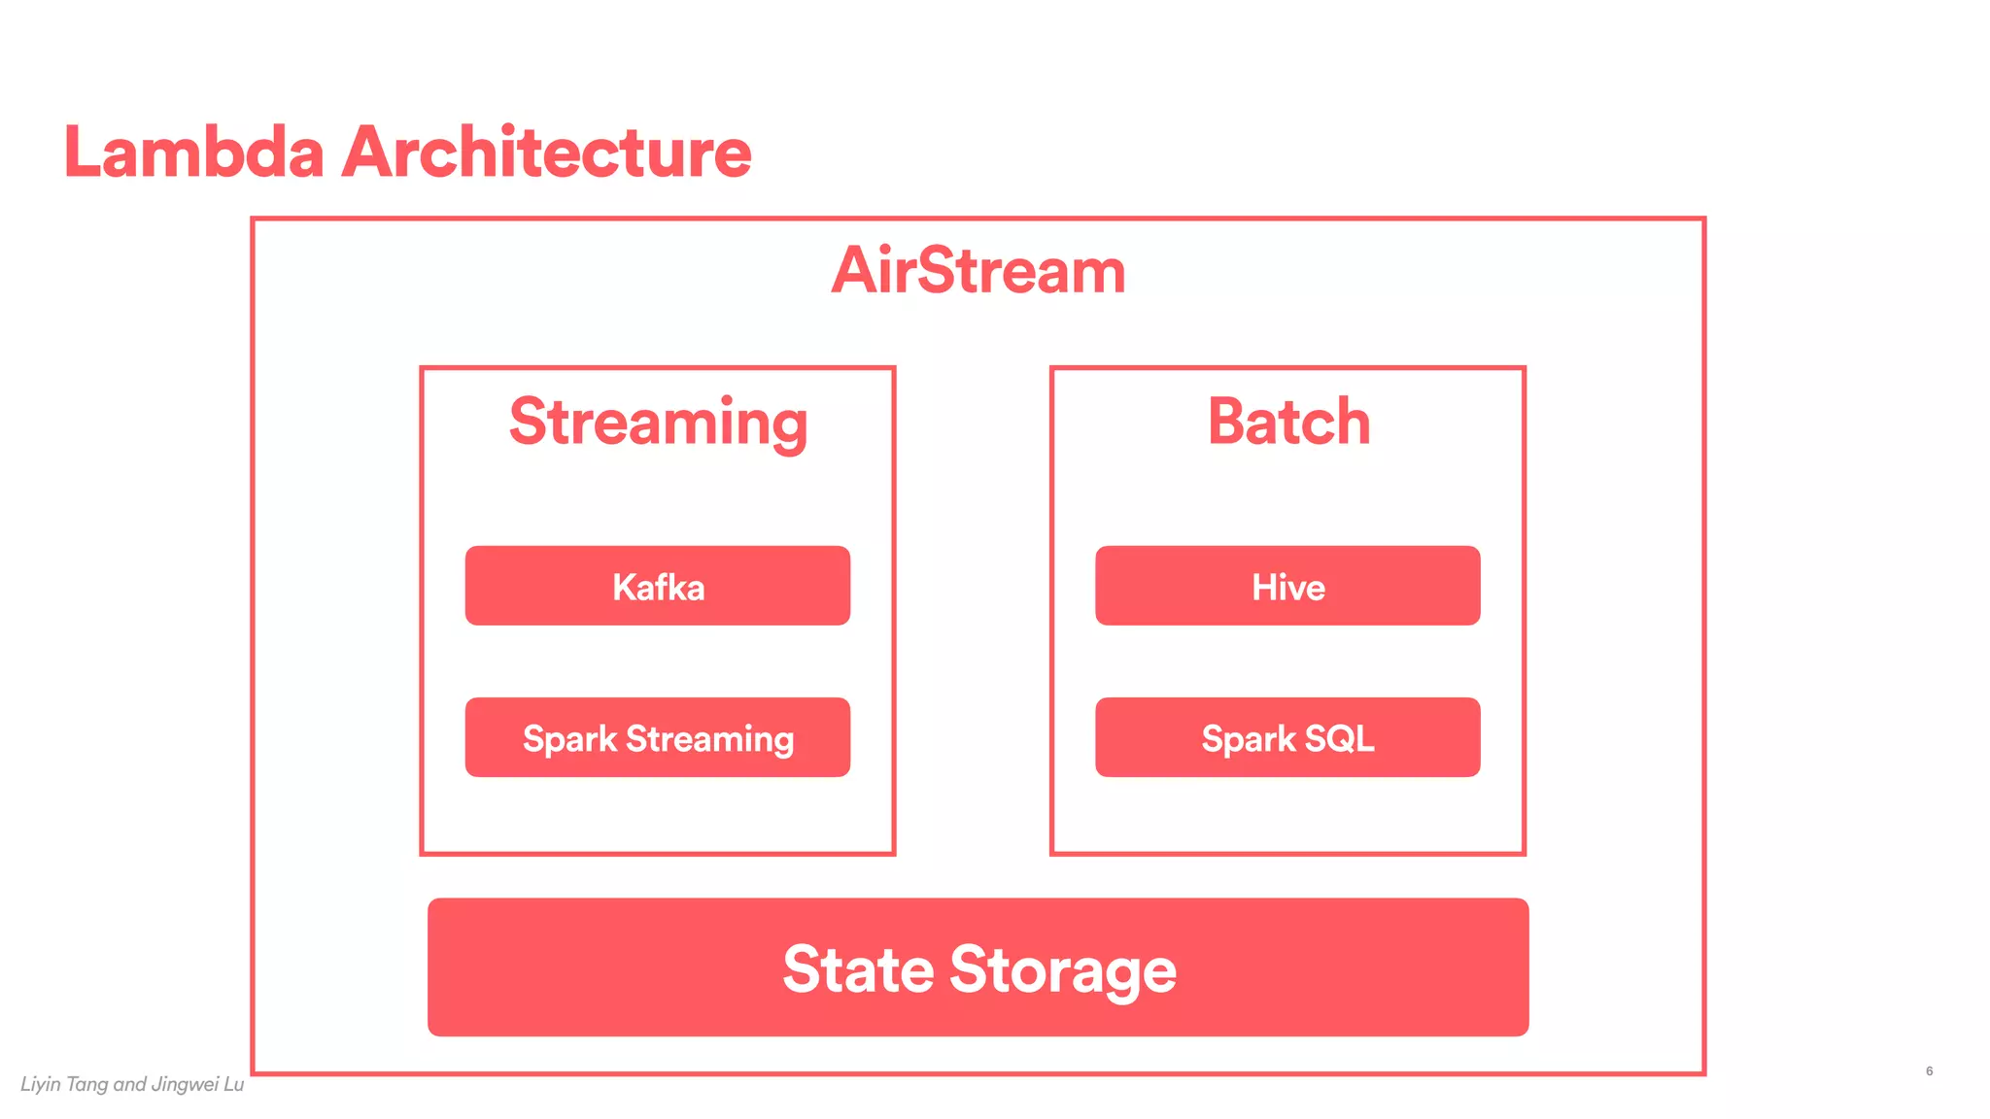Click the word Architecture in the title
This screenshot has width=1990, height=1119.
tap(547, 153)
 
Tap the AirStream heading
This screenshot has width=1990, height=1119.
tap(978, 271)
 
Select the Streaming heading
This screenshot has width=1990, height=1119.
tap(658, 423)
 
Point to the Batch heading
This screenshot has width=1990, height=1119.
tap(1288, 423)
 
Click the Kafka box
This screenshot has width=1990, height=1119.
tap(658, 586)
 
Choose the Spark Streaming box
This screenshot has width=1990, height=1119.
tap(658, 738)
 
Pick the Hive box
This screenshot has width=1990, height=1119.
tap(1287, 586)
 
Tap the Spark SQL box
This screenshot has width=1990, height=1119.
tap(1287, 738)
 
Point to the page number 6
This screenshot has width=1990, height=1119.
tap(1929, 1071)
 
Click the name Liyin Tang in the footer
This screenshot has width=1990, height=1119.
tap(64, 1085)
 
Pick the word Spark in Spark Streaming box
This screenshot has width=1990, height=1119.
tap(569, 739)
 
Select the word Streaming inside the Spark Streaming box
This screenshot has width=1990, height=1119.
tap(710, 739)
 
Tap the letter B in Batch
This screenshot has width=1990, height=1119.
tap(1228, 423)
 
